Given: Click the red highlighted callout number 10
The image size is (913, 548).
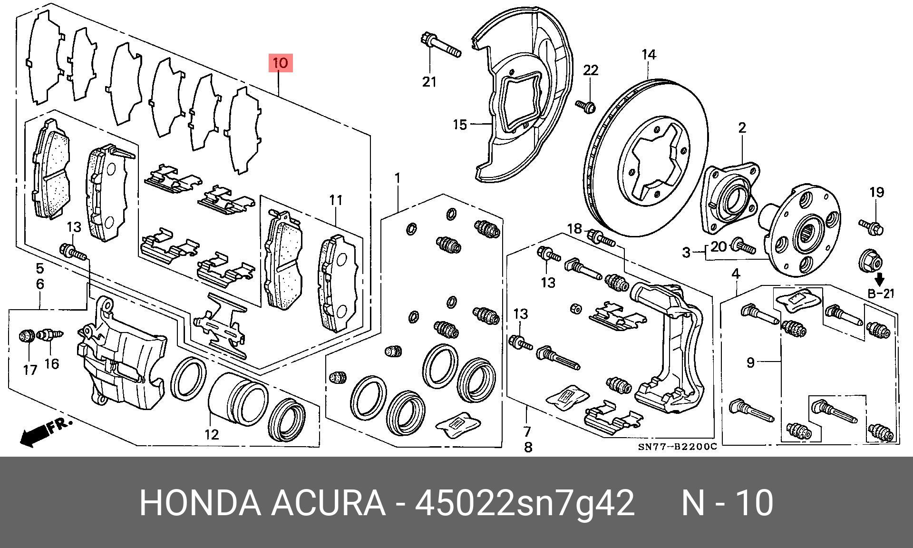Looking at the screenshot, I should click(281, 63).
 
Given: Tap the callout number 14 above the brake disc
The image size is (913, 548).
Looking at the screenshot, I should click(649, 55).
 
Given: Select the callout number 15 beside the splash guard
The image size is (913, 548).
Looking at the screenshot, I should click(460, 125).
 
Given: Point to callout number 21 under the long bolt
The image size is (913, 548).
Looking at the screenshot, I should click(429, 82).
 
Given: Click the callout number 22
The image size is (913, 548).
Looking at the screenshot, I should click(591, 70).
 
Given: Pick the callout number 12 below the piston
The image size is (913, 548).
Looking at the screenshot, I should click(212, 434).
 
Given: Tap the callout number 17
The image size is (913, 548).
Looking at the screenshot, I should click(30, 369).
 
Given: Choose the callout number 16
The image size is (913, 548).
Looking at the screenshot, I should click(52, 364).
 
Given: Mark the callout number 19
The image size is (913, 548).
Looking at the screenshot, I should click(877, 192).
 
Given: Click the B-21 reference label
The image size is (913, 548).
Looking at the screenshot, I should click(881, 294).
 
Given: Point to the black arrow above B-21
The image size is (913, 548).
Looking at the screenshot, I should click(880, 279).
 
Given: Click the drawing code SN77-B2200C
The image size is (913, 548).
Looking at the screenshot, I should click(677, 447).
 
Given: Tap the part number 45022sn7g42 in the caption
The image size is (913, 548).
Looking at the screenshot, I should click(524, 503).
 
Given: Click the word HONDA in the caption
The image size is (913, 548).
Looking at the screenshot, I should click(200, 503).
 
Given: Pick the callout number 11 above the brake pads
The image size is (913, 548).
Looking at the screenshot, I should click(336, 200).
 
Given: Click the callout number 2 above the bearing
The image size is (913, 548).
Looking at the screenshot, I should click(742, 127).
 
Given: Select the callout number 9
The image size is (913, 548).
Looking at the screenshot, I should click(750, 362).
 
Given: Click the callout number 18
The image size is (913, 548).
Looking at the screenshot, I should click(574, 229).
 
